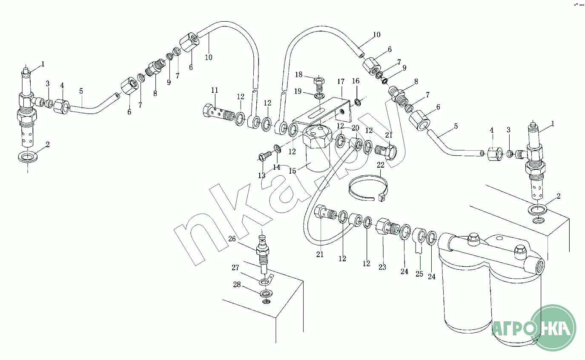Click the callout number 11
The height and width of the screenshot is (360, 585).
click(x=215, y=90)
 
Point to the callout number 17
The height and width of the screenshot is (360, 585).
click(x=341, y=81)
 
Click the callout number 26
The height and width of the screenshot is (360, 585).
click(x=232, y=239)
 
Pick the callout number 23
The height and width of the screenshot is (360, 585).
click(x=382, y=267)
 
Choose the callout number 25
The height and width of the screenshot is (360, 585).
click(x=419, y=274)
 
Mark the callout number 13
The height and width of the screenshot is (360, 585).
click(x=261, y=175)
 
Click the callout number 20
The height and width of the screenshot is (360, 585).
click(x=355, y=128)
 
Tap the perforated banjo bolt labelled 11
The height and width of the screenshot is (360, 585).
click(x=216, y=113)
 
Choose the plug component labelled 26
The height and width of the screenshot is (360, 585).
click(x=263, y=250)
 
